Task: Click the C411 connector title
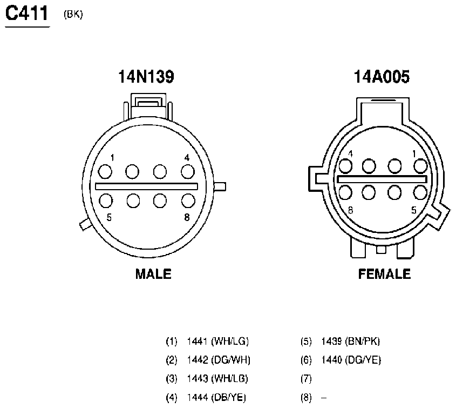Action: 27,14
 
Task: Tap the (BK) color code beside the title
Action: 73,14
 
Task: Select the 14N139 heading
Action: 146,77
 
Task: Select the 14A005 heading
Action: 382,77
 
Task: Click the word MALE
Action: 153,274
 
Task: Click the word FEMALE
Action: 384,274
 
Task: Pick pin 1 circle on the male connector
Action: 105,171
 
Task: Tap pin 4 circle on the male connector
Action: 188,171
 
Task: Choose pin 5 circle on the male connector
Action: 106,200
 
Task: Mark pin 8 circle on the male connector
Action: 188,200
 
